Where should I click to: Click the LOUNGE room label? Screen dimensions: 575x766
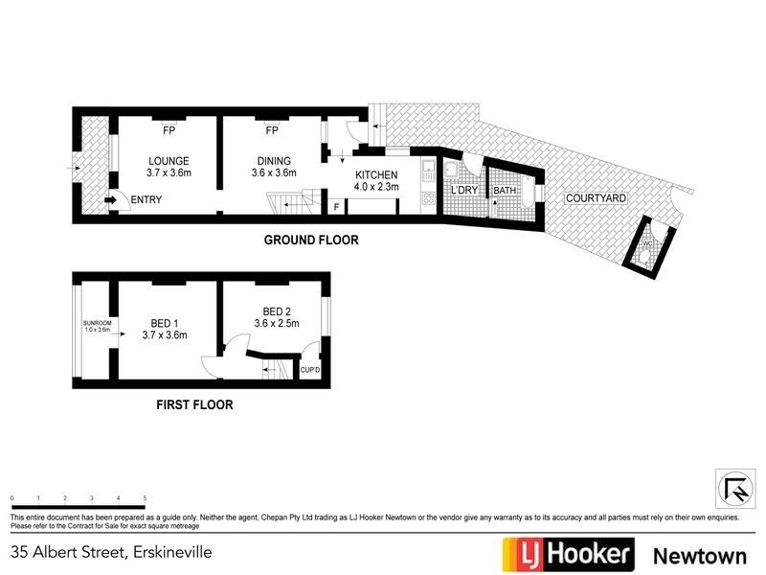click(169, 160)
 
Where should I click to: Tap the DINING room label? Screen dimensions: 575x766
click(274, 160)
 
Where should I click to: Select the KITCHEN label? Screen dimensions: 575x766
click(375, 175)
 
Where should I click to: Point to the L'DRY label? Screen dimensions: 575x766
click(464, 191)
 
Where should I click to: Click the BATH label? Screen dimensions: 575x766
click(504, 191)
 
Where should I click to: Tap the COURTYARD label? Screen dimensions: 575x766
click(596, 198)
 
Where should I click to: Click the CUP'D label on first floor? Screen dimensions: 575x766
click(310, 370)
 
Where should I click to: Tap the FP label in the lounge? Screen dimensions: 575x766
click(169, 130)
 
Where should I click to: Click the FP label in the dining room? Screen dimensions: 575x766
click(272, 130)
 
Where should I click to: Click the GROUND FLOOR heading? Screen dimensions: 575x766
click(311, 241)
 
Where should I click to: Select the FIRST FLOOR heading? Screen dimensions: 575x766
click(194, 404)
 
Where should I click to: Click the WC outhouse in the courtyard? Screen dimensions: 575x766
click(647, 244)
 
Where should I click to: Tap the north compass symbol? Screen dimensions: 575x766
click(734, 488)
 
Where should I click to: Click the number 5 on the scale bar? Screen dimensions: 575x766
click(144, 499)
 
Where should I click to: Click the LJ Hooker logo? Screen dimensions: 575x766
click(569, 554)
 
